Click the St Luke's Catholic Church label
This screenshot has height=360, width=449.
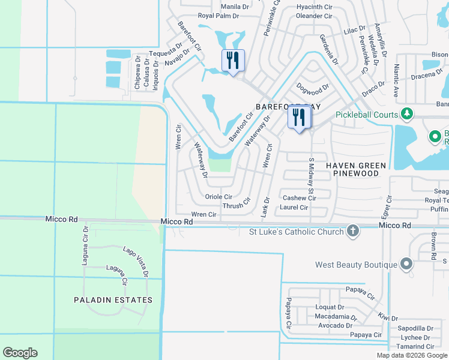tap(297, 232)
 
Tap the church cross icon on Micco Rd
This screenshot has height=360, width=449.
tap(352, 231)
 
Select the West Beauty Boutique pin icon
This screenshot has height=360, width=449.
tap(406, 264)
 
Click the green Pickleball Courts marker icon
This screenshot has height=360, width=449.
tap(408, 113)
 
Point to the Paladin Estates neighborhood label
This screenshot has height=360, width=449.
tap(113, 299)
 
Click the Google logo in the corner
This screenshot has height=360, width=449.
tap(20, 353)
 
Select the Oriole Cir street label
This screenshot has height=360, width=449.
tap(218, 197)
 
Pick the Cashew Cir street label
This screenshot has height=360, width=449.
tap(299, 198)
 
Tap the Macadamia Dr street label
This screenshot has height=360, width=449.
tap(336, 317)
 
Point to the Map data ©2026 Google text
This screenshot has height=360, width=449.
tap(411, 355)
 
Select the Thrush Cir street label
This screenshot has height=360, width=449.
tap(237, 205)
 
